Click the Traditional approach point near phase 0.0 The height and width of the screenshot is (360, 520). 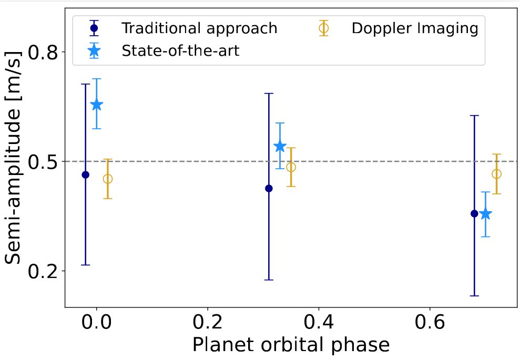click(x=86, y=174)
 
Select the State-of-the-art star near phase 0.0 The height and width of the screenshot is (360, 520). click(x=96, y=105)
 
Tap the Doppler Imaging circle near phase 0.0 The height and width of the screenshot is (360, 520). click(x=107, y=179)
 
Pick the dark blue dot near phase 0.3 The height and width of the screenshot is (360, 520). click(x=269, y=188)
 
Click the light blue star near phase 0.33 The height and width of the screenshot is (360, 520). click(x=280, y=146)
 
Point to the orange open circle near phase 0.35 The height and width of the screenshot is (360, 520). click(x=291, y=167)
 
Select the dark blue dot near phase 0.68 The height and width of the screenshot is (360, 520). click(x=474, y=213)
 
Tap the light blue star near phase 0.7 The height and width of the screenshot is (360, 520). click(x=485, y=214)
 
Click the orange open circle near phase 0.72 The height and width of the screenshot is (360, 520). click(x=496, y=174)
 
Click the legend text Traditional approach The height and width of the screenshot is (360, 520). click(x=199, y=28)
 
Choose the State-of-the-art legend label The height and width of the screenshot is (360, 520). click(x=180, y=51)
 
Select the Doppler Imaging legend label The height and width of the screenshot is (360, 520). click(x=414, y=28)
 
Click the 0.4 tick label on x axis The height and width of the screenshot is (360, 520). click(x=319, y=322)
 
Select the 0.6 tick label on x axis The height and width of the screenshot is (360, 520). click(x=430, y=322)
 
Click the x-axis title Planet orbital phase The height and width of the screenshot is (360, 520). click(x=290, y=345)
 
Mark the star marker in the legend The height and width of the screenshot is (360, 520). click(x=94, y=51)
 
